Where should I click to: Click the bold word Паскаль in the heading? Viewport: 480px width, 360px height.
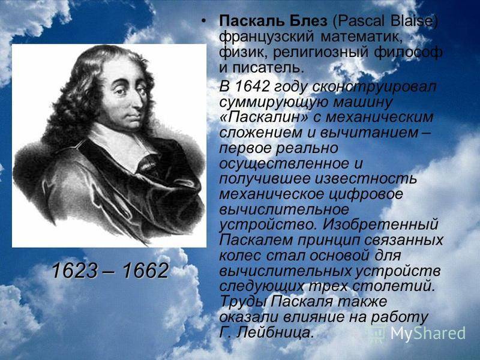pyautogui.click(x=250, y=22)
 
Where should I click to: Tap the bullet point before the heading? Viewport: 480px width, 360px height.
pyautogui.click(x=203, y=22)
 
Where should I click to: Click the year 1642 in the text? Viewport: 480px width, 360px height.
pyautogui.click(x=251, y=86)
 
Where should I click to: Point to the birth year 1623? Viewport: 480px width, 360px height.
pyautogui.click(x=74, y=271)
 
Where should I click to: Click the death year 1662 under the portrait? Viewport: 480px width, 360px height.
pyautogui.click(x=146, y=271)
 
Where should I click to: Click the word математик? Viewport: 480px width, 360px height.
pyautogui.click(x=362, y=37)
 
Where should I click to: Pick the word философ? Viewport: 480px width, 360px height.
pyautogui.click(x=408, y=52)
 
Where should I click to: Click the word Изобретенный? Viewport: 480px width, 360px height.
pyautogui.click(x=380, y=224)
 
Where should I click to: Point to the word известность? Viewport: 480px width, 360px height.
pyautogui.click(x=366, y=179)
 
